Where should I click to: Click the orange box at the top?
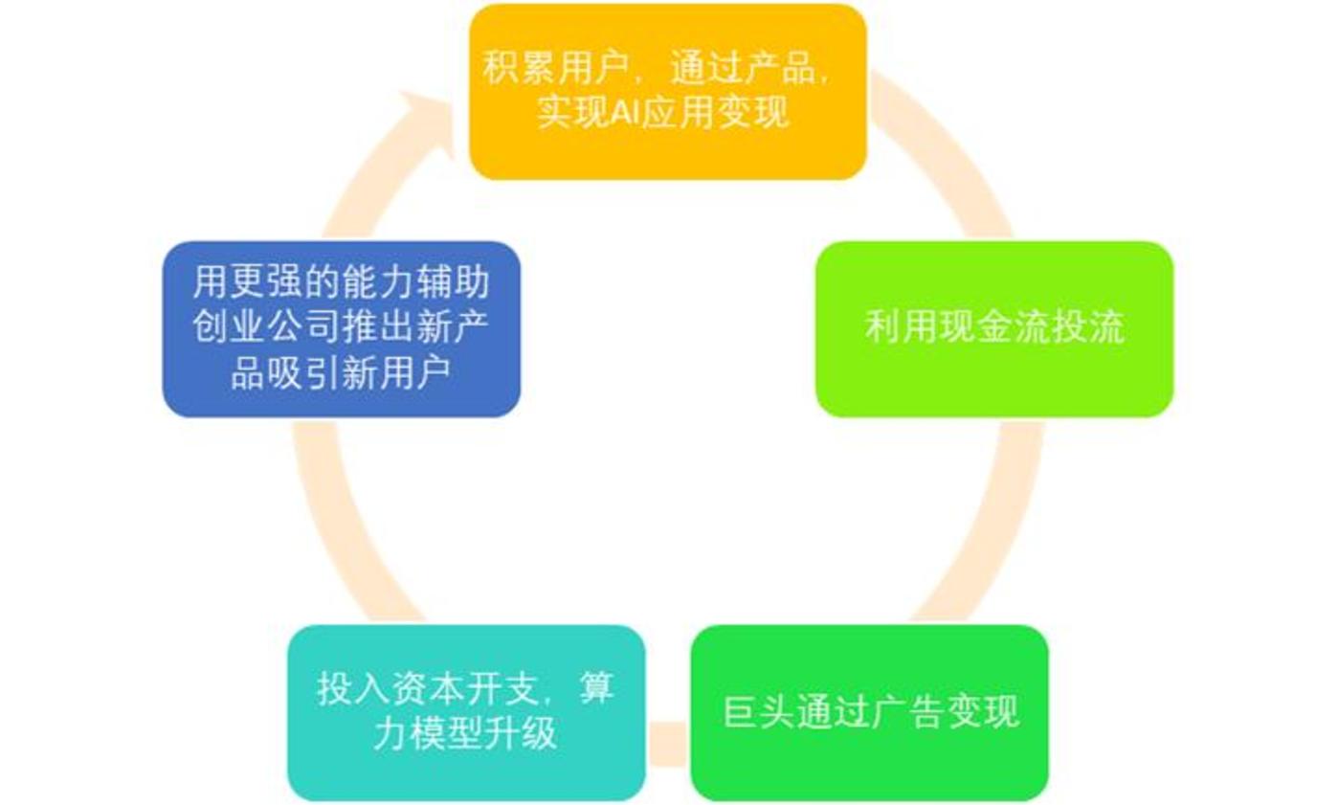tap(668, 91)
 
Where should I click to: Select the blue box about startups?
tap(341, 329)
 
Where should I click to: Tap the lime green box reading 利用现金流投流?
tap(994, 329)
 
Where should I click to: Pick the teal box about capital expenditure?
tap(466, 712)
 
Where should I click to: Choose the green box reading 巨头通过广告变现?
tap(870, 712)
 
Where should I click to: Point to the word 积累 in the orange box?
tap(519, 67)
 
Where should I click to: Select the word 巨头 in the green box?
tap(759, 710)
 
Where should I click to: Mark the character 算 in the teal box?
tap(596, 688)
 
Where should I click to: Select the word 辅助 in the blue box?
tap(453, 281)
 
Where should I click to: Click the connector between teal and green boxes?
tap(668, 744)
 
